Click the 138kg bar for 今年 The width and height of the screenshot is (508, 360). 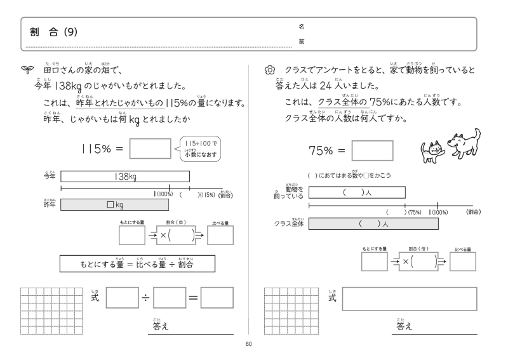pos(125,177)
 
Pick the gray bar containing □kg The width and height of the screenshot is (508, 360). pos(115,204)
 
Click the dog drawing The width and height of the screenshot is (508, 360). pos(464,143)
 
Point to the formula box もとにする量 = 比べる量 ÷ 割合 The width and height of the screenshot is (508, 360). pos(137,263)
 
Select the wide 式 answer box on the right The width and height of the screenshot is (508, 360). pos(409,298)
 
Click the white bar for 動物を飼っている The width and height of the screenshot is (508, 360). pos(357,192)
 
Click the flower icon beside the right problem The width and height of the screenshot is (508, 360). pos(269,70)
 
